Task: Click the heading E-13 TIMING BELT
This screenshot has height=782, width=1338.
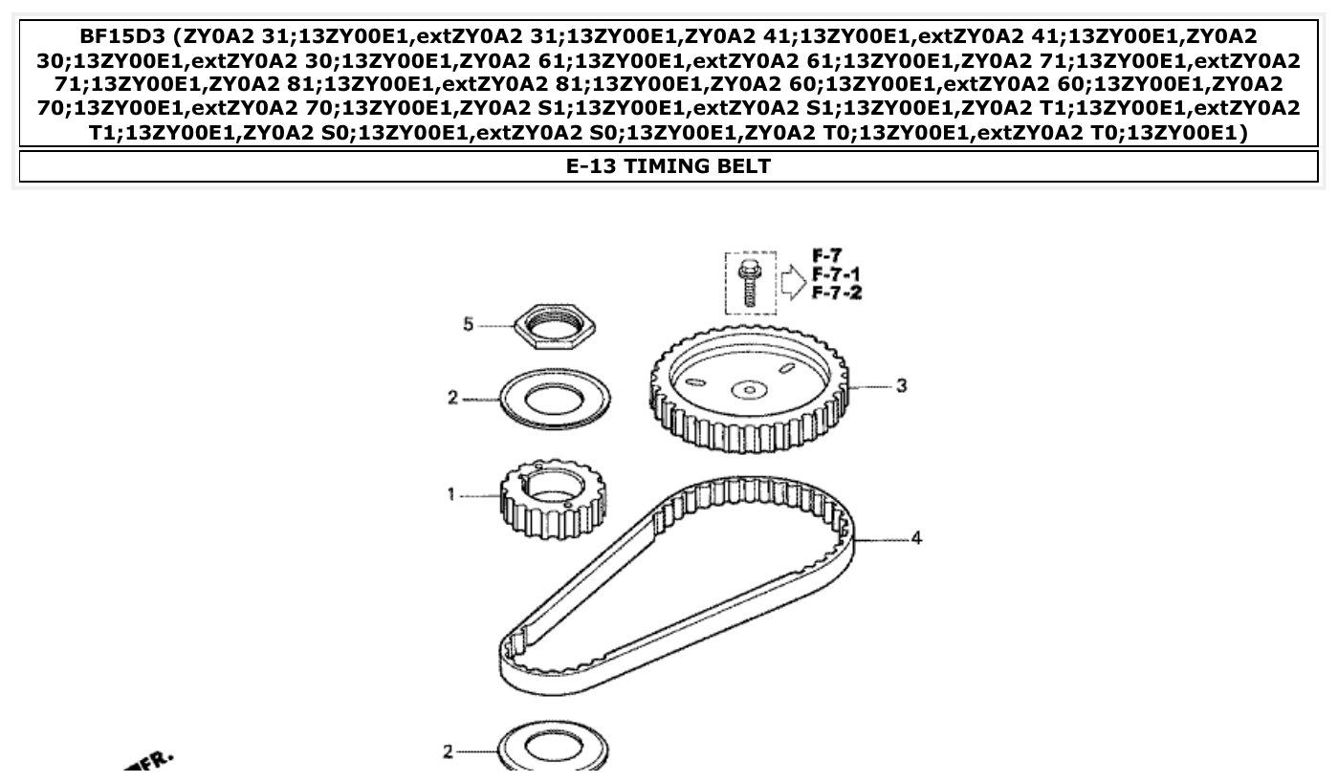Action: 669,166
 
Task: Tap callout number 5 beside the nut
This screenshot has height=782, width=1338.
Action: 468,325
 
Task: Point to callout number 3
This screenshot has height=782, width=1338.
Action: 901,386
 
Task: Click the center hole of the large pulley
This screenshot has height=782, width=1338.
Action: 750,389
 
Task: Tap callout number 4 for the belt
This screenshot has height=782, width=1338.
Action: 916,539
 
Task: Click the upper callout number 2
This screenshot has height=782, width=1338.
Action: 452,398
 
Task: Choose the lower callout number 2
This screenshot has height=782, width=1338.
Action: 448,752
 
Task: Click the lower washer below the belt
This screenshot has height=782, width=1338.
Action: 554,750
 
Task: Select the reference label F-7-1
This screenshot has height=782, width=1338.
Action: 836,274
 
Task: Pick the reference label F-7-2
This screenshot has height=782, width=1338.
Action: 836,293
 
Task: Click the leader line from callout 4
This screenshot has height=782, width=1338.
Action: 880,540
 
